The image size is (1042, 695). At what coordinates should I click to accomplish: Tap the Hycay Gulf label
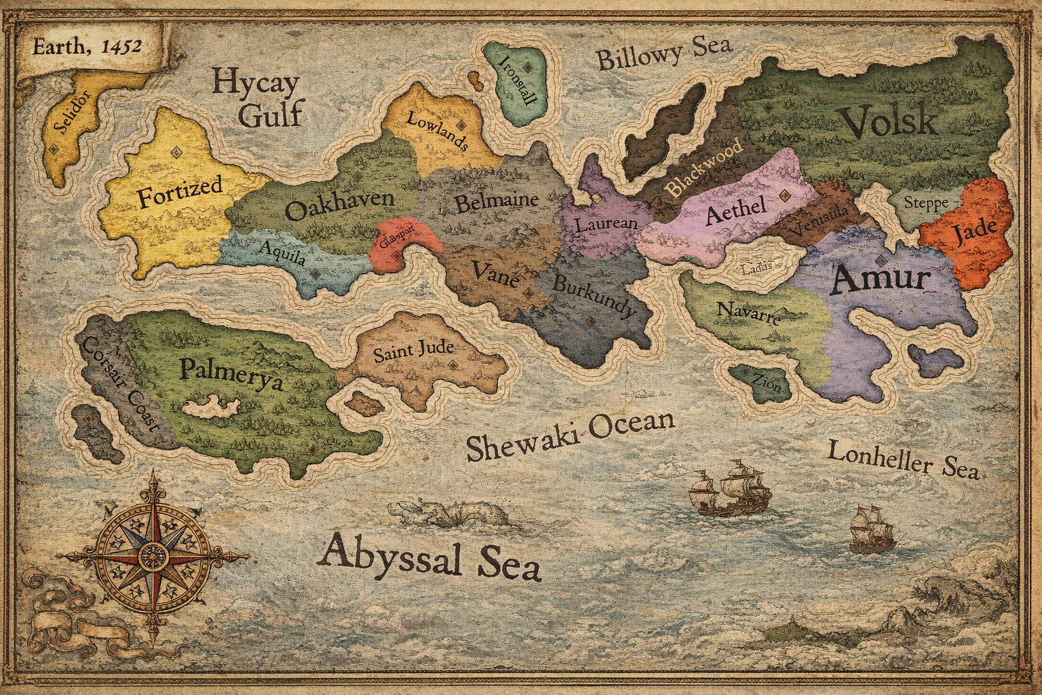[x=256, y=99]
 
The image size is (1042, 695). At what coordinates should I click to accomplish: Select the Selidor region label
[x=66, y=113]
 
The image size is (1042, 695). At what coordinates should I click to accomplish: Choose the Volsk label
[x=888, y=123]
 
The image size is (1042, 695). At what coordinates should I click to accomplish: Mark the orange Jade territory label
[x=974, y=234]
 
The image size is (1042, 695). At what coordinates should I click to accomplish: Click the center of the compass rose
[x=152, y=557]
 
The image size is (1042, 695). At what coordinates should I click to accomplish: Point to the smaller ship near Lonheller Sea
[x=870, y=529]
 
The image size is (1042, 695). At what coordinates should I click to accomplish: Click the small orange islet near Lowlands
[x=477, y=82]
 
